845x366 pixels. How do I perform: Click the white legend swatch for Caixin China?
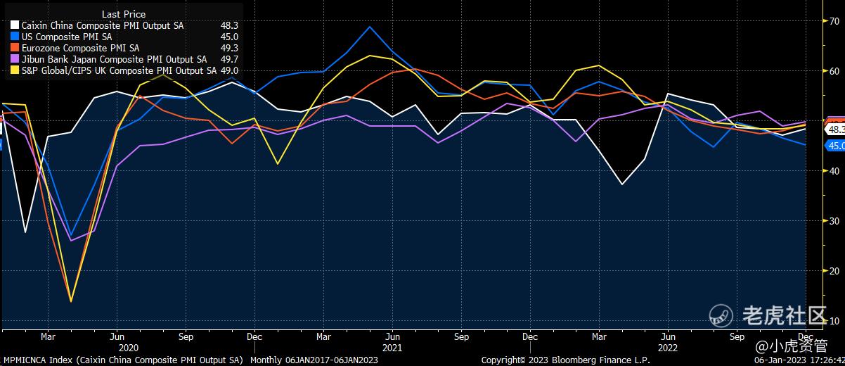click(x=15, y=25)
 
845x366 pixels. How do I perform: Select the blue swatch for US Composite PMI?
click(x=15, y=37)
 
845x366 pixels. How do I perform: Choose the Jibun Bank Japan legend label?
click(x=114, y=59)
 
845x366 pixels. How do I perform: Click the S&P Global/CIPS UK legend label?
click(x=119, y=70)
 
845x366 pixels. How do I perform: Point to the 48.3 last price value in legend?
click(x=230, y=25)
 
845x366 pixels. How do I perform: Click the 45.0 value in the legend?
click(x=230, y=37)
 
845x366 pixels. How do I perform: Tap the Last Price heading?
click(x=124, y=14)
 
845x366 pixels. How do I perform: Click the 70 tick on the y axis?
click(x=834, y=21)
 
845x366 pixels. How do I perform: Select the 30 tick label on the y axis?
click(x=834, y=221)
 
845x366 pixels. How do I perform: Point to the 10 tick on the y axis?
click(x=834, y=321)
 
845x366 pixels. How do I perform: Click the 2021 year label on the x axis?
click(x=392, y=347)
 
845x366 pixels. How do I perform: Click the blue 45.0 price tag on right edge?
click(x=835, y=146)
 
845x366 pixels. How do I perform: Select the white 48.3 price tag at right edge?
click(x=835, y=130)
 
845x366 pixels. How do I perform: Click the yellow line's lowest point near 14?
click(x=71, y=301)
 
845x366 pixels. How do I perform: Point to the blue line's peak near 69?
click(x=370, y=27)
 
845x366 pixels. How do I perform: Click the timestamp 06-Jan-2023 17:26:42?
click(x=799, y=360)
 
